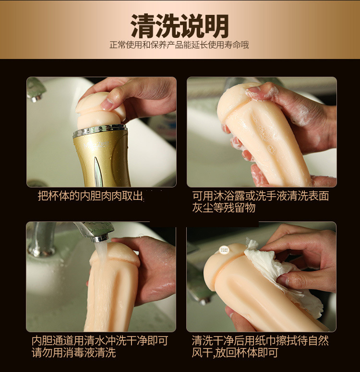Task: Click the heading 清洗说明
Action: pyautogui.click(x=180, y=25)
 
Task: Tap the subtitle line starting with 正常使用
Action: pyautogui.click(x=179, y=45)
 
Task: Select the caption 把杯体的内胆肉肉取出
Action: pyautogui.click(x=90, y=196)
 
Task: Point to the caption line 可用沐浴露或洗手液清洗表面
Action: pyautogui.click(x=261, y=196)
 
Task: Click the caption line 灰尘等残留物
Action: pyautogui.click(x=224, y=208)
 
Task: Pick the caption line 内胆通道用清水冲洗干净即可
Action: pyautogui.click(x=100, y=341)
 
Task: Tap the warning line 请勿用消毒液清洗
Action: pyautogui.click(x=73, y=352)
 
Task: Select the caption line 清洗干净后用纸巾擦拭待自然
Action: pyautogui.click(x=260, y=341)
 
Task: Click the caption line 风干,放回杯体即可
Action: pyautogui.click(x=235, y=352)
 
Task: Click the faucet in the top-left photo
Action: pyautogui.click(x=36, y=90)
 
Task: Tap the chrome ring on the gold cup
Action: pyautogui.click(x=100, y=131)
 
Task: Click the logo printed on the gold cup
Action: pyautogui.click(x=96, y=144)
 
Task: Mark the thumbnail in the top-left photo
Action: pyautogui.click(x=107, y=104)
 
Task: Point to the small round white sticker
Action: pyautogui.click(x=224, y=250)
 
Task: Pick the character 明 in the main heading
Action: pyautogui.click(x=216, y=26)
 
